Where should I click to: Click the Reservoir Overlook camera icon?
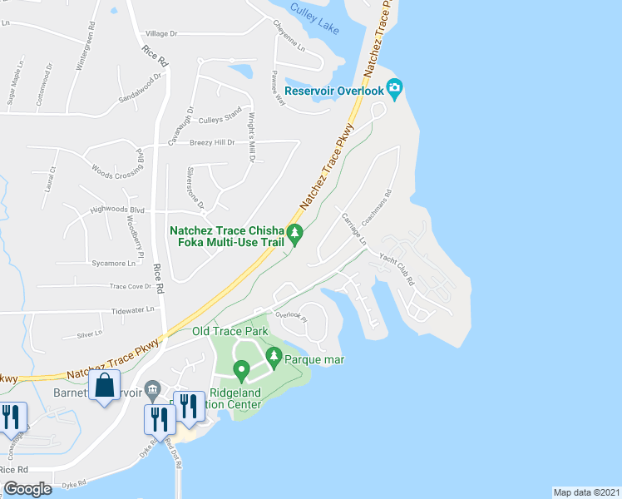click(395, 88)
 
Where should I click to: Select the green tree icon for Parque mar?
click(274, 357)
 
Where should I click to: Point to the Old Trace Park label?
click(230, 331)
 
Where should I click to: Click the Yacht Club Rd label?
click(397, 270)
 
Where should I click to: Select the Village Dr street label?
click(162, 34)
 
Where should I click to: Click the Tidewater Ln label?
click(133, 309)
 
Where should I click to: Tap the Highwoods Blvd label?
click(117, 210)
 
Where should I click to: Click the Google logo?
click(27, 489)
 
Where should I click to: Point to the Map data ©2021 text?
click(586, 492)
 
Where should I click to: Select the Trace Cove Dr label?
click(131, 286)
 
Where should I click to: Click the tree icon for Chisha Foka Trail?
click(295, 235)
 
